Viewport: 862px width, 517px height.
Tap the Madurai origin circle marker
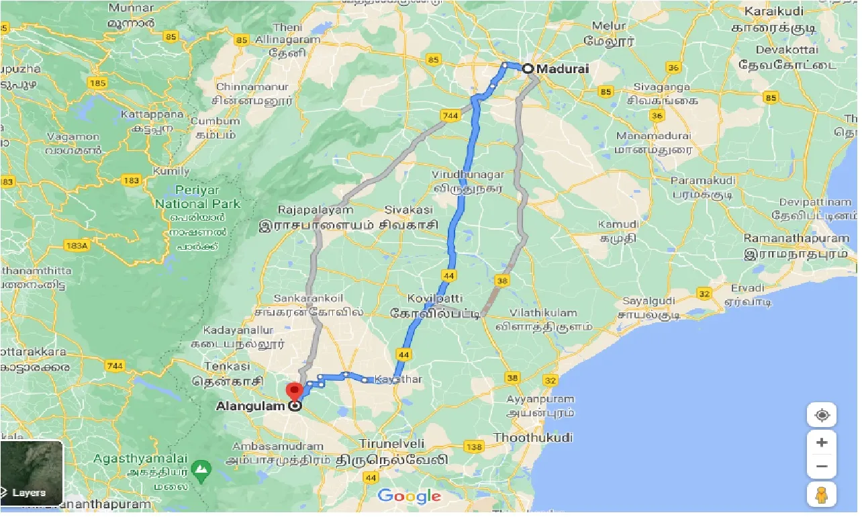coord(528,68)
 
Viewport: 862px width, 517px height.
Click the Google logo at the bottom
coord(409,496)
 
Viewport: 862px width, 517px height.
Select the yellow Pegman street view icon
coord(822,496)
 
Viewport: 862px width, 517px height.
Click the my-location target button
coord(822,415)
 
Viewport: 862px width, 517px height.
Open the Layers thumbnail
coord(32,473)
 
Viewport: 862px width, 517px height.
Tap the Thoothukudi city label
coord(533,438)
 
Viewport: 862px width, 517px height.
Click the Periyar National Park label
coord(197,197)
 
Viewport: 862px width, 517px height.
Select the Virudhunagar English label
coord(469,175)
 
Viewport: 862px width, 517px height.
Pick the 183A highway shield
coord(77,245)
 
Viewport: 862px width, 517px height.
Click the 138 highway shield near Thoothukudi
coord(474,447)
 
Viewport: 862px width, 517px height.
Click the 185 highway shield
coord(97,83)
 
